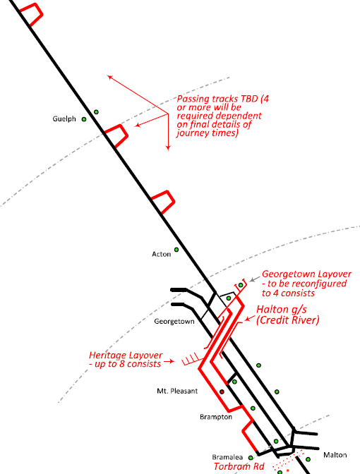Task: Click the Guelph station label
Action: tap(64, 119)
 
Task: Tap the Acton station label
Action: tap(161, 254)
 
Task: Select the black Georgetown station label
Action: tap(174, 322)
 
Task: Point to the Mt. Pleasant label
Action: tap(177, 391)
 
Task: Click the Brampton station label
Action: tap(216, 417)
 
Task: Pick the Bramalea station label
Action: tap(227, 457)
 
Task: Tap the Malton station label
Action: tap(335, 455)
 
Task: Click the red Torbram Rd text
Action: tap(239, 466)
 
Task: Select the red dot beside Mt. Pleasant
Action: tap(222, 391)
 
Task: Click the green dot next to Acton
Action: tap(176, 250)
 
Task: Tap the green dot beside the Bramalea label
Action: tap(251, 458)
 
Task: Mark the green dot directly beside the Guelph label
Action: tap(84, 119)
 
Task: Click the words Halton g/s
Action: tap(282, 309)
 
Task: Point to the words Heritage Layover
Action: tap(126, 355)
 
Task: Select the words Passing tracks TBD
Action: tap(217, 99)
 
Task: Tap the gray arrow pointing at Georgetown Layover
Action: tap(255, 279)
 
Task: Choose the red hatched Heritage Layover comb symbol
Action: tap(191, 359)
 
